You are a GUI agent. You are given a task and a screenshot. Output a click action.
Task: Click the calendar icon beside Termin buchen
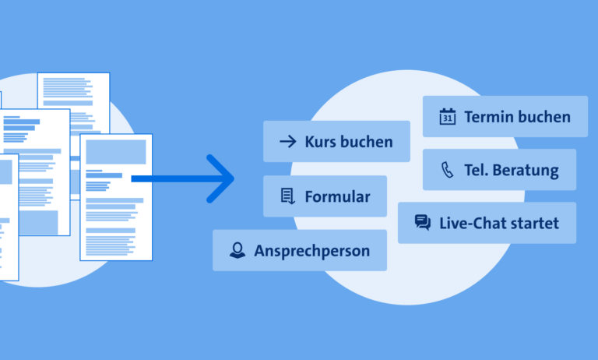(448, 116)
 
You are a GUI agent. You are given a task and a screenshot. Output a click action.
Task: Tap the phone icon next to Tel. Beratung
(448, 170)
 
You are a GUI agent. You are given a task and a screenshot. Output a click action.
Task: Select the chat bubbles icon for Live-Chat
(423, 223)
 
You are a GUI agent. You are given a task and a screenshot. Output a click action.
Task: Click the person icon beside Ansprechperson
(237, 250)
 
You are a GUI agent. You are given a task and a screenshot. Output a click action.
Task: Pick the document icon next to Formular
(287, 196)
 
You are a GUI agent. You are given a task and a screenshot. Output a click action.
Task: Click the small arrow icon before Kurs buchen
(288, 142)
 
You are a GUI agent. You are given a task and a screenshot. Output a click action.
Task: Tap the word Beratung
(526, 171)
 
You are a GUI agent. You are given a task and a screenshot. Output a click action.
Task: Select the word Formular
(337, 197)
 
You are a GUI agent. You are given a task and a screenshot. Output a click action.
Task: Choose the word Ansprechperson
(312, 251)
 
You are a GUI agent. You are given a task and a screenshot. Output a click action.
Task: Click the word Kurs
(320, 142)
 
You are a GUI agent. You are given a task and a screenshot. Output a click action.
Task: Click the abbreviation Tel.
(476, 171)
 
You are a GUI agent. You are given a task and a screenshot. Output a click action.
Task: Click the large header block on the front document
(116, 152)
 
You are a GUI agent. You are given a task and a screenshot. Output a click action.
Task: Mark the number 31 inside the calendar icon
(448, 118)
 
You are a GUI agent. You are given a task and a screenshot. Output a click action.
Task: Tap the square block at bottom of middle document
(38, 223)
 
